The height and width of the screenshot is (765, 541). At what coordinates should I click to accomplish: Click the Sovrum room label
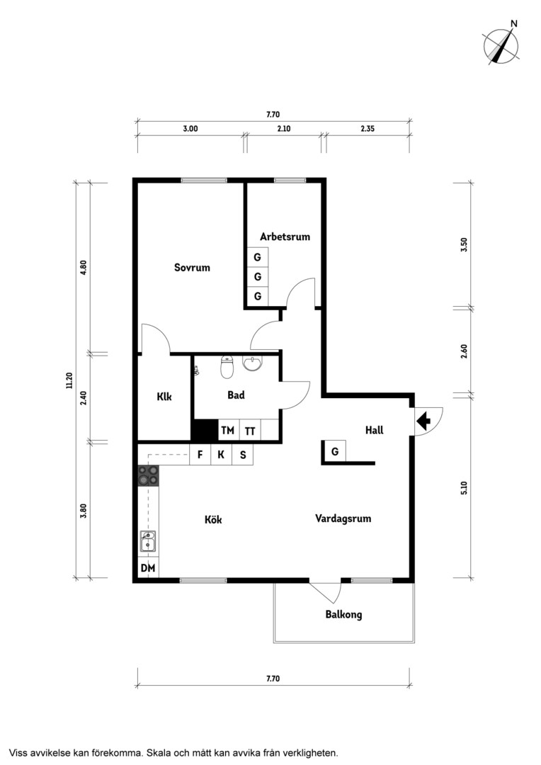192,267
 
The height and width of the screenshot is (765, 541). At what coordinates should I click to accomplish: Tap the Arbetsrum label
285,237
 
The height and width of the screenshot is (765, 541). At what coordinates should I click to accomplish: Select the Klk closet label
164,397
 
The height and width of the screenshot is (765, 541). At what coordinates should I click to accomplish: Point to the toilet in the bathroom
227,367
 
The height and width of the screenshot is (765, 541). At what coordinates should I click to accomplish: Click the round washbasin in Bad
251,363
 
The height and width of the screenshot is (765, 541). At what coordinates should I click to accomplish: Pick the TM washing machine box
228,430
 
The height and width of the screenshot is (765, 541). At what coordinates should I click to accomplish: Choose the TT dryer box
250,430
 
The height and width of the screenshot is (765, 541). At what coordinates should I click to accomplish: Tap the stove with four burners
148,475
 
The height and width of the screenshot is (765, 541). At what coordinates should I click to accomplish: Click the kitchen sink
148,541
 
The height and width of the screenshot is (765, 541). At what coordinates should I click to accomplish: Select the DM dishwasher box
148,568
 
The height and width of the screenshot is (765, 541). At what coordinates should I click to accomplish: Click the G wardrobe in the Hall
335,452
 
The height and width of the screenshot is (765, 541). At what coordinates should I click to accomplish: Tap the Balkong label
343,614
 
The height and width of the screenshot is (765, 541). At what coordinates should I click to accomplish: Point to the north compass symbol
501,44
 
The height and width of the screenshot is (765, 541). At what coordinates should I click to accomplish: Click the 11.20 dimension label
69,380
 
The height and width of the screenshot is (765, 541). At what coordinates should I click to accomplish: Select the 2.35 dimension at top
368,129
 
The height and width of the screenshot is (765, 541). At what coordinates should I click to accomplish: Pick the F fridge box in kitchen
200,455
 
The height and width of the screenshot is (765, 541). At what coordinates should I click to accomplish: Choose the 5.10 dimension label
464,488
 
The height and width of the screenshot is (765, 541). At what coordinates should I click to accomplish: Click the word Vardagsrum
343,518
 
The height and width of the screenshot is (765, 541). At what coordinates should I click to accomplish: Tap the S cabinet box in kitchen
243,455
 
